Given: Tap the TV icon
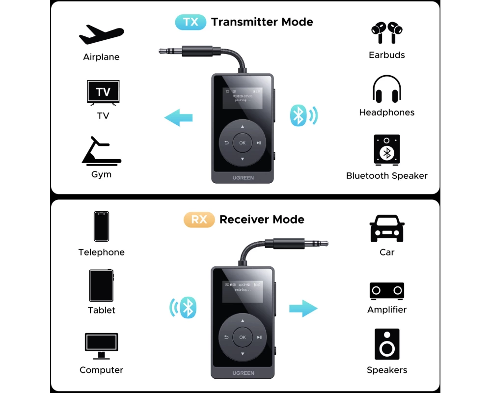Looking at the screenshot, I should coord(103,92).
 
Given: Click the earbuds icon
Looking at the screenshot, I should coord(387,32).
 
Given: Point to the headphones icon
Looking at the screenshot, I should coord(387,90).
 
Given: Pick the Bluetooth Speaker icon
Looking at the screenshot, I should coord(387,149).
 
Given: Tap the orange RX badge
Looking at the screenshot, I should coord(199,220).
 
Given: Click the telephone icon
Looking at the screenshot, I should coord(102,226).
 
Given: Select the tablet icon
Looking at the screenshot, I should coord(102,285).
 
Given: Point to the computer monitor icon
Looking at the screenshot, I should coord(101,346).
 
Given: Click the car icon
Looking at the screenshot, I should coord(387,229).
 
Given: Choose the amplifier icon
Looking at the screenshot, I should coord(387,291).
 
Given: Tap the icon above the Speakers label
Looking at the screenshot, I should coord(387,345).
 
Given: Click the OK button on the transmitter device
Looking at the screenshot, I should coord(242,143).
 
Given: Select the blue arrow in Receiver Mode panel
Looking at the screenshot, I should coord(303,308).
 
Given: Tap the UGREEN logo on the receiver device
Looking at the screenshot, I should coord(243,373).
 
